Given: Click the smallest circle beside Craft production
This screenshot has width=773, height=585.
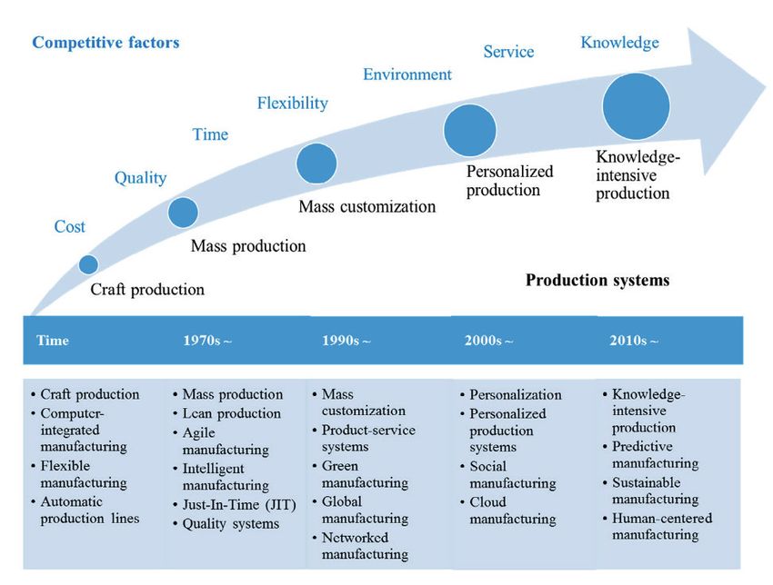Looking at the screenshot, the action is pyautogui.click(x=88, y=264).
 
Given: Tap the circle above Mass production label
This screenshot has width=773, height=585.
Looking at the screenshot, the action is pyautogui.click(x=183, y=213).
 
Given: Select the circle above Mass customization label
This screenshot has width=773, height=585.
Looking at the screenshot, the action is pyautogui.click(x=316, y=164).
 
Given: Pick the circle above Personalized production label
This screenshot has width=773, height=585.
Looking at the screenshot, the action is pyautogui.click(x=470, y=131).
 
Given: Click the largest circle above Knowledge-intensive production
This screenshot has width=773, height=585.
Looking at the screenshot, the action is pyautogui.click(x=636, y=106).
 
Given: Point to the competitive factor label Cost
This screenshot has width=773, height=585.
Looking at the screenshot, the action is pyautogui.click(x=69, y=226).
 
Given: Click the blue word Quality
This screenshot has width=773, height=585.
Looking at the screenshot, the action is pyautogui.click(x=140, y=178).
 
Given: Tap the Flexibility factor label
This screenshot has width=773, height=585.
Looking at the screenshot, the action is pyautogui.click(x=292, y=103).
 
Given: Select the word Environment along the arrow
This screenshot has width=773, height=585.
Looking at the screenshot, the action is pyautogui.click(x=407, y=74).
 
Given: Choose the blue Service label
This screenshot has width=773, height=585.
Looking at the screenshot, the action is pyautogui.click(x=508, y=52).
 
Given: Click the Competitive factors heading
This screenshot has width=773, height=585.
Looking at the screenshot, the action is pyautogui.click(x=106, y=43).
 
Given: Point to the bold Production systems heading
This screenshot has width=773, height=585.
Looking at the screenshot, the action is pyautogui.click(x=597, y=280).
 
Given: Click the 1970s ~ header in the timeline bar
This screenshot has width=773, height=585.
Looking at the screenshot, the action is pyautogui.click(x=207, y=341).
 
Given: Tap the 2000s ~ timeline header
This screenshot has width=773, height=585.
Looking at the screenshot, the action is pyautogui.click(x=488, y=341).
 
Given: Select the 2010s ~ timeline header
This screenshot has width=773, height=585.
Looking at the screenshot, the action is pyautogui.click(x=634, y=341).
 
